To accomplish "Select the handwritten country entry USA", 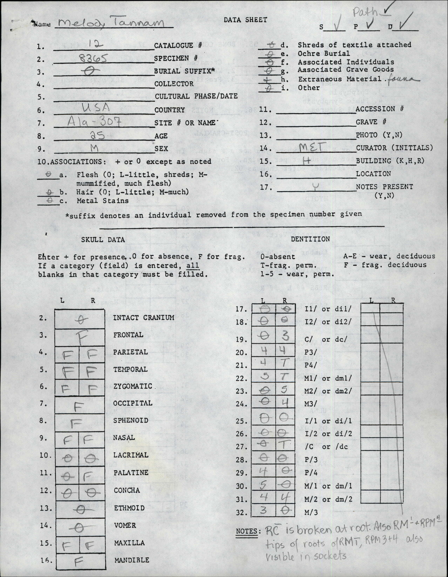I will (96, 108).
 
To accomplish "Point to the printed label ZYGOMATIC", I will (133, 386).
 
